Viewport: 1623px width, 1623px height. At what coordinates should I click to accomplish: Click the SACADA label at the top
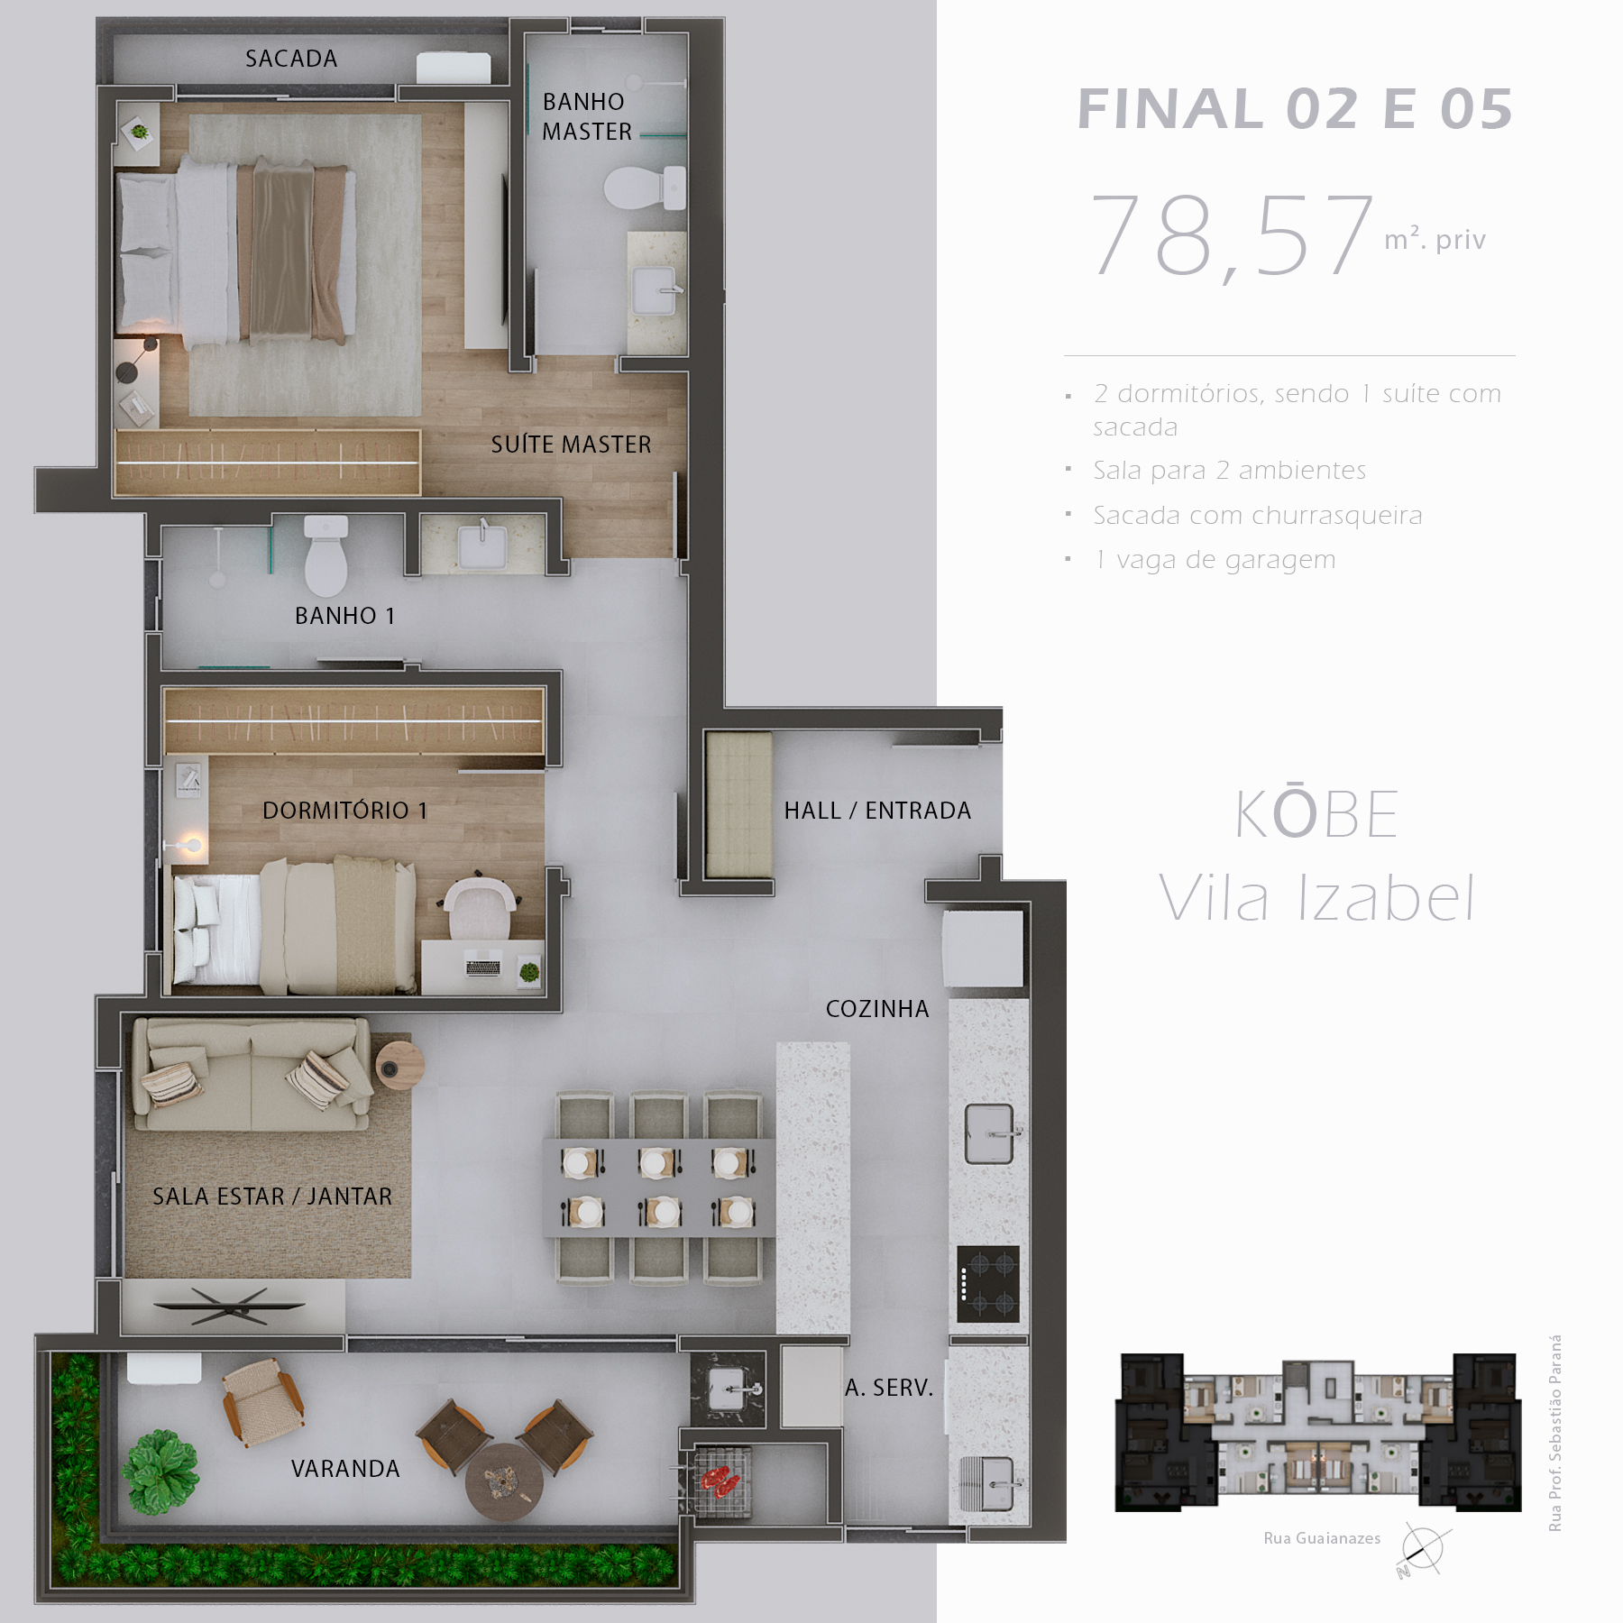291,59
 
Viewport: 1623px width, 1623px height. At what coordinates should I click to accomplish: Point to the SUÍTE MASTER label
571,445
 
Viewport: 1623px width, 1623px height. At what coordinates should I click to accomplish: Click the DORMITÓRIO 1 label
345,811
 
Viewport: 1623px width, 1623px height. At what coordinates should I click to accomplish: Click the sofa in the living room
252,1074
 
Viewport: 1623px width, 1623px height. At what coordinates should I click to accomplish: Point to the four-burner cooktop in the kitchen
988,1284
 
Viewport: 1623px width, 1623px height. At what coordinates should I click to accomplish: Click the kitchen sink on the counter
989,1133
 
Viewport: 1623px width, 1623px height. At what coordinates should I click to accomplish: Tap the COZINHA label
877,1009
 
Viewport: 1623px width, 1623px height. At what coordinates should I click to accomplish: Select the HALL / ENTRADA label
877,811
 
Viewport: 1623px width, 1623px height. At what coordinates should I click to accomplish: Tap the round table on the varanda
504,1481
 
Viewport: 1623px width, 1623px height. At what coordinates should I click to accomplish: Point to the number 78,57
1232,236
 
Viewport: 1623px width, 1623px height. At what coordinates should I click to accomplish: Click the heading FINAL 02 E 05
1295,109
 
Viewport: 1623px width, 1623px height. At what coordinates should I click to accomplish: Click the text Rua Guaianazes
1322,1538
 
